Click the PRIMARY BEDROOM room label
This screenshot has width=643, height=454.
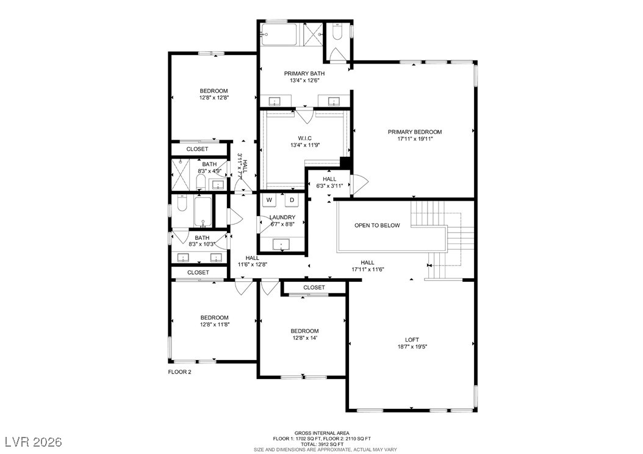point(414,132)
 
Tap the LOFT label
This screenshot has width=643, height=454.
point(412,340)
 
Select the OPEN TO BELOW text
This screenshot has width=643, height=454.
point(377,225)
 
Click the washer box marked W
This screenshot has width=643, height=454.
point(269,200)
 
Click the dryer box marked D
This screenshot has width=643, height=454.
point(292,200)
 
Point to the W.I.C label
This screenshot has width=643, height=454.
point(304,137)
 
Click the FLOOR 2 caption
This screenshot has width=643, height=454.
point(179,371)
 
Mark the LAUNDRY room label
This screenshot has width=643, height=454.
point(282,217)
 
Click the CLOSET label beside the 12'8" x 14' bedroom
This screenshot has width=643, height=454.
point(314,287)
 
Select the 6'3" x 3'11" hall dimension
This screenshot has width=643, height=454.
point(329,186)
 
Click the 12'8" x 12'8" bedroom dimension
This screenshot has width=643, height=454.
point(214,98)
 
